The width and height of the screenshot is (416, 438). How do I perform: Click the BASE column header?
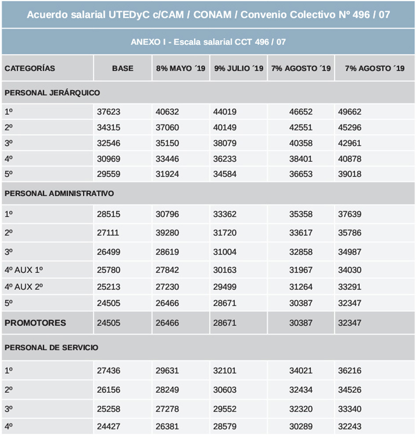(x=122, y=68)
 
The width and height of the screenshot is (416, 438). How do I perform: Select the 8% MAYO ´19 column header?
(x=180, y=68)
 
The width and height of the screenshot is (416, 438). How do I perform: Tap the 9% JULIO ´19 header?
(x=239, y=68)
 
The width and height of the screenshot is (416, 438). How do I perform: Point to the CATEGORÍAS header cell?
(x=30, y=68)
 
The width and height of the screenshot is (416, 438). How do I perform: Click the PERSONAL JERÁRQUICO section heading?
(x=52, y=93)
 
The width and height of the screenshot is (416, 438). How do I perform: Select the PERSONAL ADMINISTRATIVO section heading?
(x=59, y=193)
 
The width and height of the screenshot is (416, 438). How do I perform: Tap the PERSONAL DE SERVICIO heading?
(x=52, y=348)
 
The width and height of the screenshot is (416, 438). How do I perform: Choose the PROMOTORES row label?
(x=35, y=323)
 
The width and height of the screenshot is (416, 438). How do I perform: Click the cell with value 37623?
(x=109, y=112)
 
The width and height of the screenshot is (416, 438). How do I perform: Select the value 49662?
(x=350, y=112)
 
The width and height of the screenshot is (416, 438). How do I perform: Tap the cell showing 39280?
(x=167, y=233)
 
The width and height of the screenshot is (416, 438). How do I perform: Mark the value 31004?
(x=225, y=252)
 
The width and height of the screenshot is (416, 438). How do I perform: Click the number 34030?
(x=350, y=269)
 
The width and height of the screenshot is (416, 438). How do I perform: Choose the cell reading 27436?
(x=109, y=371)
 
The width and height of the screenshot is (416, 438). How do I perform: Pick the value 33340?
(x=350, y=409)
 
